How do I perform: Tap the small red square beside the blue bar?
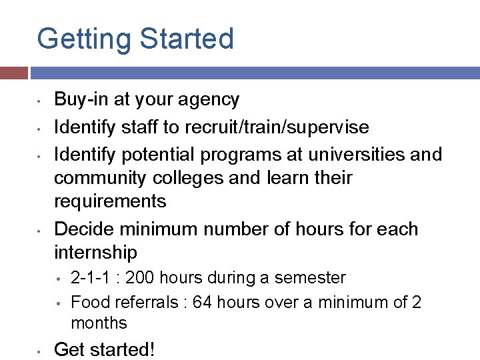pos(13,73)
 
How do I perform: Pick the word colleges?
pos(193,179)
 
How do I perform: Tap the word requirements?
pos(110,201)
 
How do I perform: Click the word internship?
pos(95,253)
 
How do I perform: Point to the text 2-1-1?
pos(86,278)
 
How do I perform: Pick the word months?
pos(99,323)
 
